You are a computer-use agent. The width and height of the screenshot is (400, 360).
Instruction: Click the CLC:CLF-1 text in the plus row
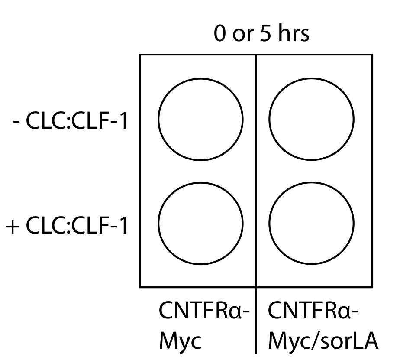point(77,226)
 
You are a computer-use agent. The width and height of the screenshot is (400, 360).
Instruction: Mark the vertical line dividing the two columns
point(256,173)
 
